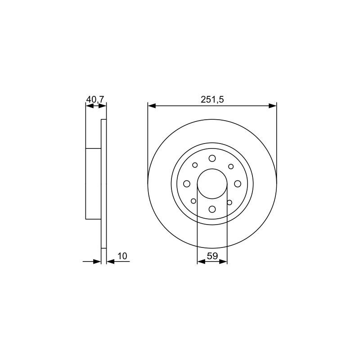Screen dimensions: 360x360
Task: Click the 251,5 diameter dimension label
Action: coord(212,99)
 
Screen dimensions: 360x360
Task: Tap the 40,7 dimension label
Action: coord(95,99)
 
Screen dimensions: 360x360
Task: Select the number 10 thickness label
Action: coord(122,256)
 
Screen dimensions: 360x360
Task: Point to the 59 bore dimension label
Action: coord(212,256)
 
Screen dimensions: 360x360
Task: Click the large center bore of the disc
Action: coord(212,184)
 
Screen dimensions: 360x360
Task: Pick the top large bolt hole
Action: coord(212,158)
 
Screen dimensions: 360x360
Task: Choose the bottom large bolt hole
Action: coord(212,209)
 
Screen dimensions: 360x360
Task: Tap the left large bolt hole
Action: coord(187,184)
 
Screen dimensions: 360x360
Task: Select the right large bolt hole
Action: coord(238,184)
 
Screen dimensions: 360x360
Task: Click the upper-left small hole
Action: coord(195,165)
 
